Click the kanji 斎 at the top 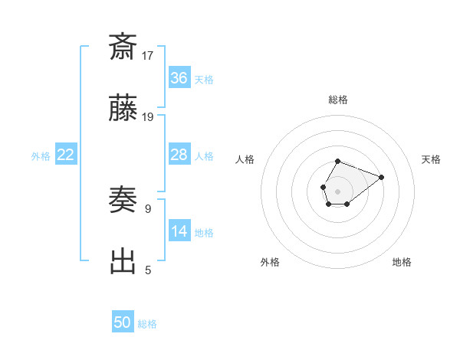123,47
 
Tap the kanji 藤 123,112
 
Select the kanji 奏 123,201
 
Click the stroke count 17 148,55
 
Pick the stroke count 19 148,117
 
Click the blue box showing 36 179,78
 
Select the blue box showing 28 179,155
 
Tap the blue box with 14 179,231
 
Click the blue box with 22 65,155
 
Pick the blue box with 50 123,322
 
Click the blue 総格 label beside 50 147,324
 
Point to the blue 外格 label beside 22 40,156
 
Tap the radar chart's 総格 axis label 337,100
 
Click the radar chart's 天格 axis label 431,159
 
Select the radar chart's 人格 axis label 245,159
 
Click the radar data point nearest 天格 382,177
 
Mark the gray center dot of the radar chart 337,190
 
